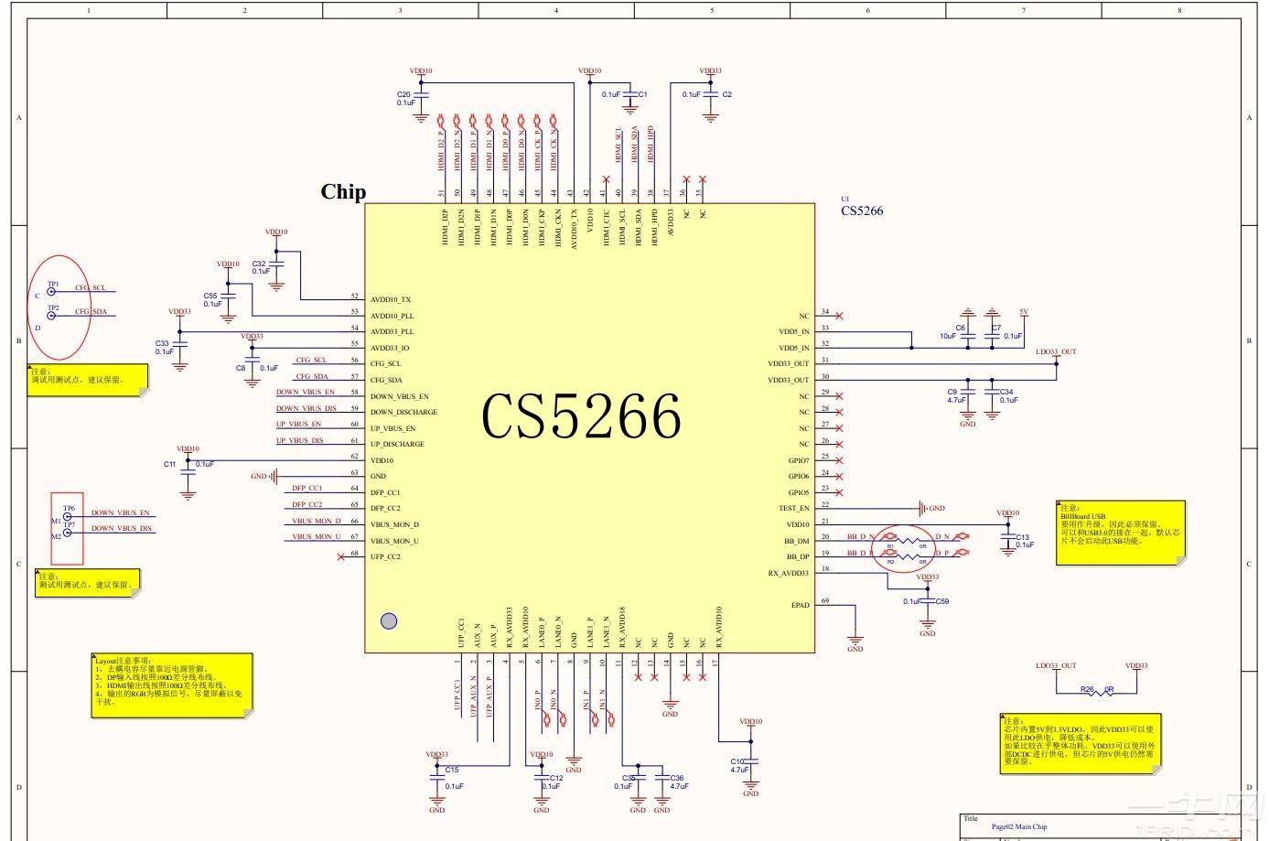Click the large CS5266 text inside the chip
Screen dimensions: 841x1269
pos(581,417)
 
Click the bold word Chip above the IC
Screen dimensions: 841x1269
pos(343,192)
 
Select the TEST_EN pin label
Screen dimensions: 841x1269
pos(793,508)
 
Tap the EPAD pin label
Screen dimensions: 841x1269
pos(800,605)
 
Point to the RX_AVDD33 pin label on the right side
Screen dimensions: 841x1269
pos(788,574)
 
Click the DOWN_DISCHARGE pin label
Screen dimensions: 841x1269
pos(403,413)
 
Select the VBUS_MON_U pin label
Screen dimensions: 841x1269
pos(394,541)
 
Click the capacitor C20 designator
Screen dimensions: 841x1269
pos(403,94)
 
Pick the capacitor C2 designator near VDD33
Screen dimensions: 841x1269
pos(726,94)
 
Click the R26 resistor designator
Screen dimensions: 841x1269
pos(1086,689)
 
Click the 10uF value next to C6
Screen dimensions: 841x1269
pos(947,336)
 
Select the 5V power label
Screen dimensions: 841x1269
pos(1024,312)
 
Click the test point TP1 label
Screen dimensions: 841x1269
pos(53,285)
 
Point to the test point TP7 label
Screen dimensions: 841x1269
pos(70,524)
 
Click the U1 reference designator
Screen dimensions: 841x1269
pos(845,199)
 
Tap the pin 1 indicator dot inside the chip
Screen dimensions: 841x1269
pos(388,621)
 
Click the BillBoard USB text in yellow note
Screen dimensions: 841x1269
pos(1083,516)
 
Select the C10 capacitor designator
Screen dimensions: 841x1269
pos(737,761)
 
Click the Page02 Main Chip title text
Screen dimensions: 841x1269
pos(1018,826)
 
